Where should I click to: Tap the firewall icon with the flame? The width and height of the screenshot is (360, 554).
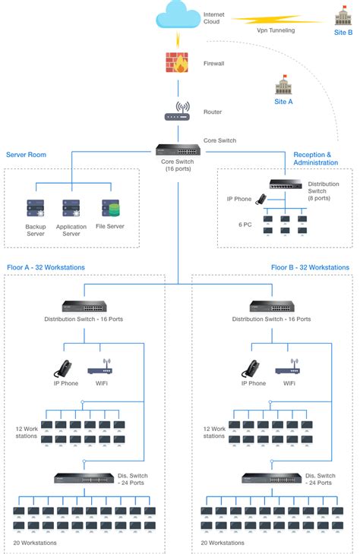(x=177, y=62)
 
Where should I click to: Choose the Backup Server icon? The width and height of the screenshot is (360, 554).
(x=36, y=208)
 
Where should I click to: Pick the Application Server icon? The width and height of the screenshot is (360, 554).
(x=71, y=208)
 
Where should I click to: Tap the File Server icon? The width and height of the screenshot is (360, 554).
(x=111, y=208)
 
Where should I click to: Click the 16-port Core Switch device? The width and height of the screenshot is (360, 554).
(x=177, y=150)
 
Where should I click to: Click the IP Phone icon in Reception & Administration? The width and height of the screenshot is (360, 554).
(x=261, y=200)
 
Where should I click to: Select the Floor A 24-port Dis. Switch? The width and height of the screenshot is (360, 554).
(x=84, y=479)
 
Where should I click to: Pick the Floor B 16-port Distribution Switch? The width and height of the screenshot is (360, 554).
(x=272, y=307)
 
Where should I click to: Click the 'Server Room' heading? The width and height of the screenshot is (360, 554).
(x=27, y=155)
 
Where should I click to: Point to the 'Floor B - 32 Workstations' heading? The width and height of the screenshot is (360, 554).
(x=310, y=267)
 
